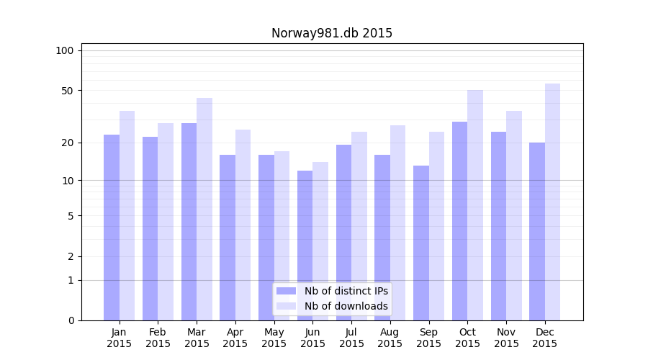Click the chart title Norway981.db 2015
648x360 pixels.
tap(331, 33)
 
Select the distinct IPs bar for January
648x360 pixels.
tap(112, 227)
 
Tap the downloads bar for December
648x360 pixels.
tap(552, 202)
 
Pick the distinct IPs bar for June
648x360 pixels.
tap(305, 245)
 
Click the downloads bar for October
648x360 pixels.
tap(475, 205)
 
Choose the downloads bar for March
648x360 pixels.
tap(204, 209)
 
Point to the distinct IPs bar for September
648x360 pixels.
tap(420, 243)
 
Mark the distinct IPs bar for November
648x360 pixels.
tap(498, 225)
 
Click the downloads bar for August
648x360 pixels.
tap(397, 222)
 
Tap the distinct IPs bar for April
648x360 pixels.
tap(228, 237)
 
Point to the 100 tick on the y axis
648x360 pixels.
tap(65, 50)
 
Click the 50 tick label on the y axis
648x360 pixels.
tap(68, 91)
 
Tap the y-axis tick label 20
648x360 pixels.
tap(68, 143)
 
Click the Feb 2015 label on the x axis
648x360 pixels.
tap(158, 338)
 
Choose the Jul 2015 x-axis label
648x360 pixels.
tap(351, 338)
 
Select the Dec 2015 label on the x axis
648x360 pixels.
tap(545, 338)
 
